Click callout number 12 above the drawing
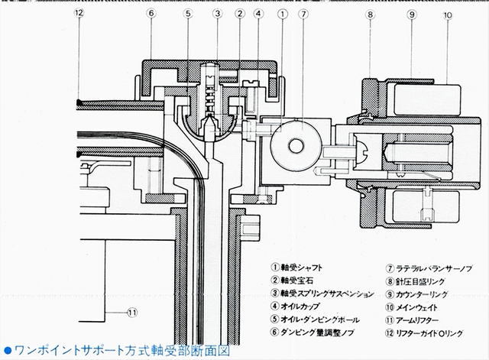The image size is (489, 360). [x=79, y=12]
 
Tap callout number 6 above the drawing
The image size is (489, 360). [x=152, y=12]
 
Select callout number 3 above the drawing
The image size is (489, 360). [x=218, y=12]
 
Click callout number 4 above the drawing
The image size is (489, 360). [x=261, y=12]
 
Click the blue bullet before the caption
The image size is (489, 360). [x=7, y=351]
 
